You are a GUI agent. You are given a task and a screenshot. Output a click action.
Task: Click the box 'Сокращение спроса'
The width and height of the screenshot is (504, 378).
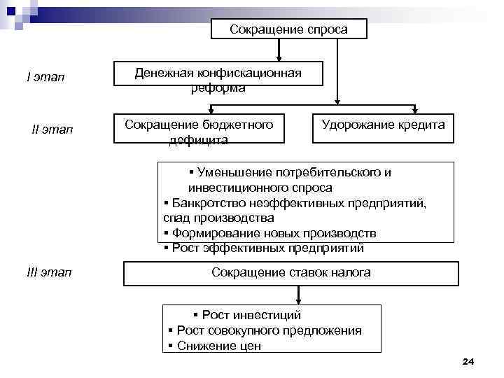[x=288, y=29]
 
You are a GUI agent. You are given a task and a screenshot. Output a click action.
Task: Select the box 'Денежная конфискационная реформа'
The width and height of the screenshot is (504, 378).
[x=218, y=79]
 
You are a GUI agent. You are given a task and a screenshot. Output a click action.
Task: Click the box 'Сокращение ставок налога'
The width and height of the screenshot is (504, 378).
[x=290, y=272]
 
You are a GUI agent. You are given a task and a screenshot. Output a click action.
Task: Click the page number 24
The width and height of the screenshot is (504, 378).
[x=468, y=361]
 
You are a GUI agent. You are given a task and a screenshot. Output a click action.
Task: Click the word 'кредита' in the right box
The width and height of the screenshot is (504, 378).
[x=421, y=125]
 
